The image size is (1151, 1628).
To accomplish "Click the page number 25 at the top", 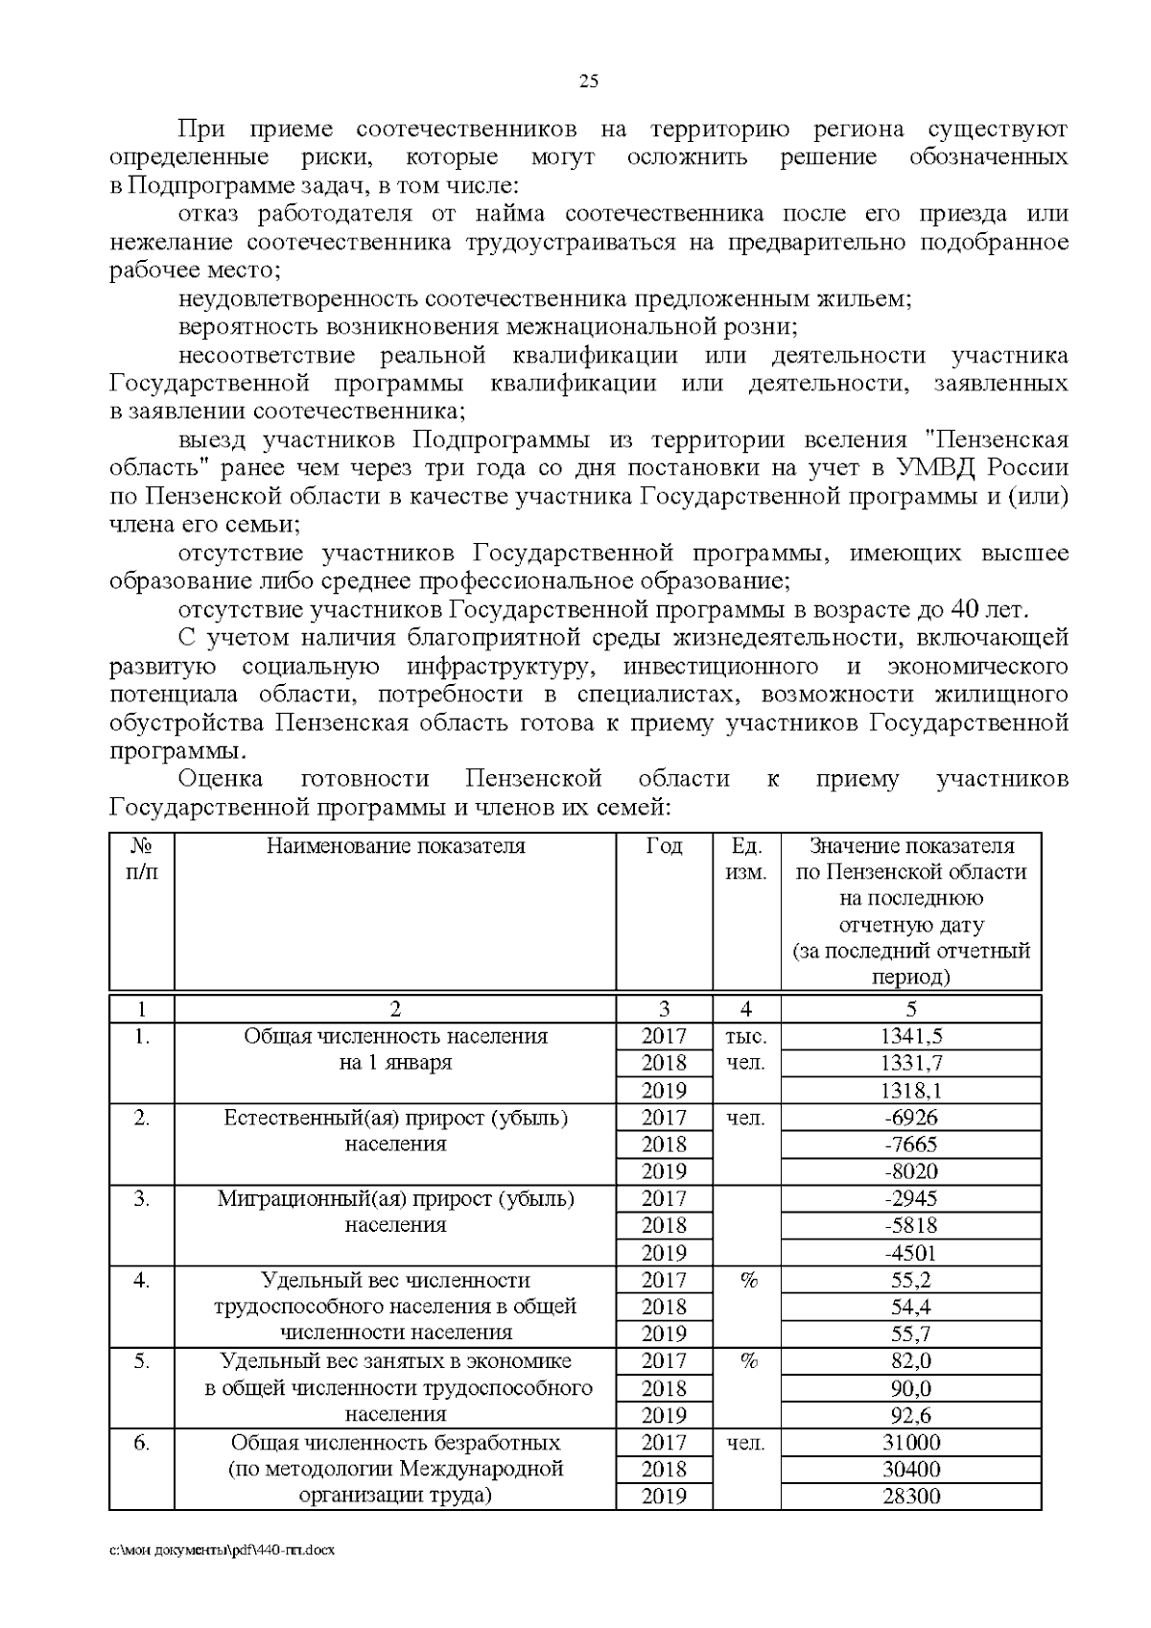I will (x=589, y=82).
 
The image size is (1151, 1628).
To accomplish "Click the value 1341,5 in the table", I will (x=910, y=1035).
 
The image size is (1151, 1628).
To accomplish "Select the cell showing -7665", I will (x=910, y=1144).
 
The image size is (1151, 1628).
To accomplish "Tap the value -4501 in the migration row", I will (x=910, y=1252).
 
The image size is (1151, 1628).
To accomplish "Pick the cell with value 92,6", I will (x=910, y=1414).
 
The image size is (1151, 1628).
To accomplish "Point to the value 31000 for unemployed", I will (x=910, y=1442).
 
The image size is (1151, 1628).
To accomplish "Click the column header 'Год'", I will (x=664, y=846).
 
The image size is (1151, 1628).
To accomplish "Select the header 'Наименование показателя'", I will (x=395, y=846).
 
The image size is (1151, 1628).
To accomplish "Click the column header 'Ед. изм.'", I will (x=746, y=860).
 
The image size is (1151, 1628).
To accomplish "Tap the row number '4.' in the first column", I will (x=141, y=1280).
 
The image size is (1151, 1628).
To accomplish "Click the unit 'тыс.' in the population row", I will (x=746, y=1036).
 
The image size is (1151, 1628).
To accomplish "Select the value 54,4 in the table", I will (x=910, y=1307).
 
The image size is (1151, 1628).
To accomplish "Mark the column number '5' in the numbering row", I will (x=910, y=1008).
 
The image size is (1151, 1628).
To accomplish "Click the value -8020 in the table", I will (x=910, y=1171).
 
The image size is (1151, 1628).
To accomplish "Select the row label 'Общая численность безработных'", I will (x=395, y=1442).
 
